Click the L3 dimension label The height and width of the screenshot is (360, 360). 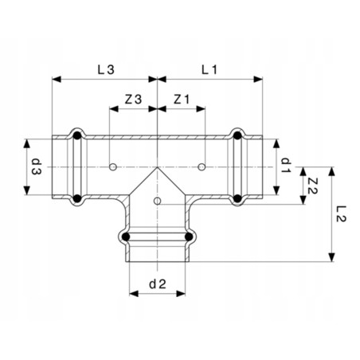(105, 69)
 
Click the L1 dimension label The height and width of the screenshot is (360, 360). (209, 69)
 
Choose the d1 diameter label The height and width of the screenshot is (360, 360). (284, 166)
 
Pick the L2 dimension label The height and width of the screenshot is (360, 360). (342, 213)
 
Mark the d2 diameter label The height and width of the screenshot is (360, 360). (157, 283)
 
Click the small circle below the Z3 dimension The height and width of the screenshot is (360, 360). (114, 167)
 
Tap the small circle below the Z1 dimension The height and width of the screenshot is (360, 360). (202, 167)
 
